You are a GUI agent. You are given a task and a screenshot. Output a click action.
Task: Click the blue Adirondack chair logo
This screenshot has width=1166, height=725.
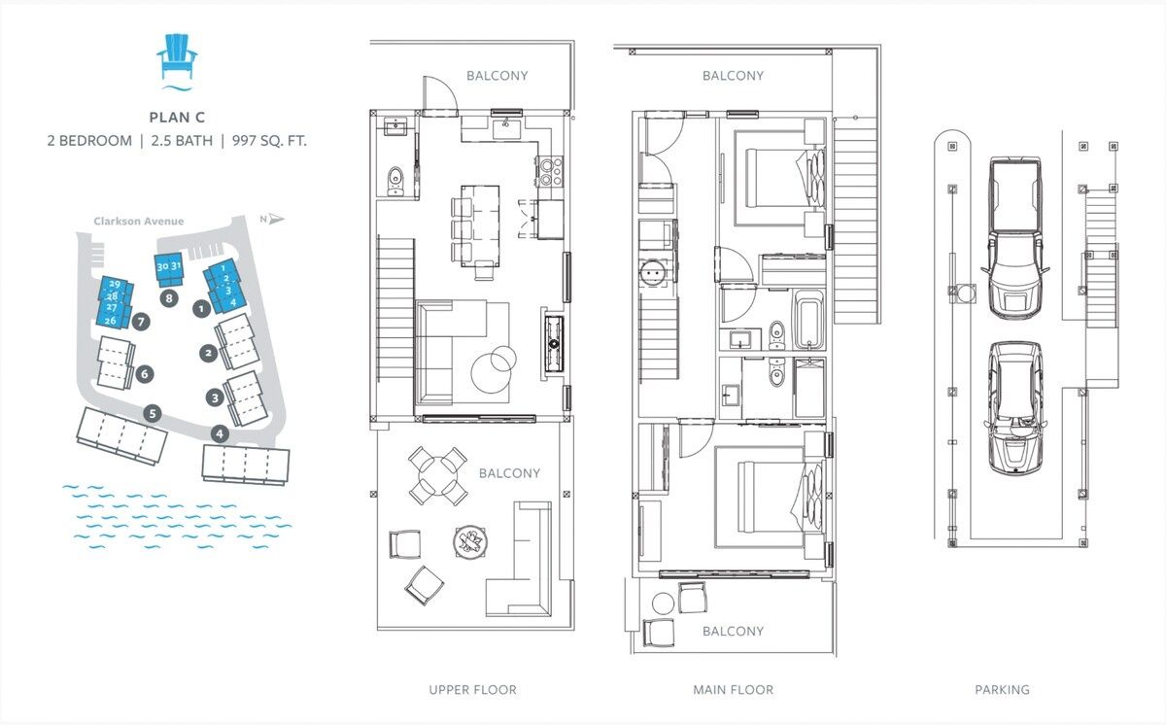pyautogui.click(x=177, y=60)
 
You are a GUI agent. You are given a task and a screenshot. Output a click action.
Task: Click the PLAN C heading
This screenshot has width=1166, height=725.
pyautogui.click(x=177, y=117)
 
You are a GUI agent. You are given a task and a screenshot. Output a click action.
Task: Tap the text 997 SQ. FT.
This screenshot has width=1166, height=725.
pyautogui.click(x=269, y=141)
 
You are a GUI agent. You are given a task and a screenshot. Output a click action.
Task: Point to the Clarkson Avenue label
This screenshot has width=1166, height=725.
pyautogui.click(x=138, y=222)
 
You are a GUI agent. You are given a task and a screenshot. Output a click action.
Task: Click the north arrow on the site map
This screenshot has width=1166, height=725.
pyautogui.click(x=273, y=219)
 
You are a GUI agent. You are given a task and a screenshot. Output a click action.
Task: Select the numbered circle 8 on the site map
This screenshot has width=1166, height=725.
pyautogui.click(x=169, y=298)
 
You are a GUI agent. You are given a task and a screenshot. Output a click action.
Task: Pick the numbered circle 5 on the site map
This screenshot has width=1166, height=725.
pyautogui.click(x=153, y=414)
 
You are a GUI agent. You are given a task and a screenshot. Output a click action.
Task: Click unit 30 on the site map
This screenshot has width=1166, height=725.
pyautogui.click(x=162, y=267)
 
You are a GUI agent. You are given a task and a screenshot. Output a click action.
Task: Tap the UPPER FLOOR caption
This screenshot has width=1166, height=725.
pyautogui.click(x=472, y=690)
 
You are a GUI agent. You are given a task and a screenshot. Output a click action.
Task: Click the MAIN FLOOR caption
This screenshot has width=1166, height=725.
pyautogui.click(x=733, y=690)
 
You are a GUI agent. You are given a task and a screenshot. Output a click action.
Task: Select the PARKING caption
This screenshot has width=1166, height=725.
pyautogui.click(x=1002, y=690)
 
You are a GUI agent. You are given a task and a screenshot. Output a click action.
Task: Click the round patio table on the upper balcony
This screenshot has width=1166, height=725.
pyautogui.click(x=438, y=475)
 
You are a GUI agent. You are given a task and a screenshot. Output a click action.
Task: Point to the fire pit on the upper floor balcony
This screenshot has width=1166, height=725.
pyautogui.click(x=470, y=541)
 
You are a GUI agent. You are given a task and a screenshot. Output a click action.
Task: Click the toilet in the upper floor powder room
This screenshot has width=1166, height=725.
pyautogui.click(x=395, y=180)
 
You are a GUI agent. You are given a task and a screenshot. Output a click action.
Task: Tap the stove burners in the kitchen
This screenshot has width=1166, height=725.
pyautogui.click(x=550, y=171)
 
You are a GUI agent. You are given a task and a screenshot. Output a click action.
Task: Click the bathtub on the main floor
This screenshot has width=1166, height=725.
pyautogui.click(x=808, y=319)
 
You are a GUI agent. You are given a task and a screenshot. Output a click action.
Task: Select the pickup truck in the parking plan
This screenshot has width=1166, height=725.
pyautogui.click(x=1015, y=238)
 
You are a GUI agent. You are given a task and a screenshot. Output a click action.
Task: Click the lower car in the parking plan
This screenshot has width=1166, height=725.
pyautogui.click(x=1015, y=408)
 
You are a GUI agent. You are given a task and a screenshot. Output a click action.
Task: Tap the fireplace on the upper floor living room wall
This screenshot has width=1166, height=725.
pyautogui.click(x=554, y=344)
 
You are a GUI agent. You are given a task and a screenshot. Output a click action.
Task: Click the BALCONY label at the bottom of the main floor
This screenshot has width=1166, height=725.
pyautogui.click(x=733, y=632)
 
